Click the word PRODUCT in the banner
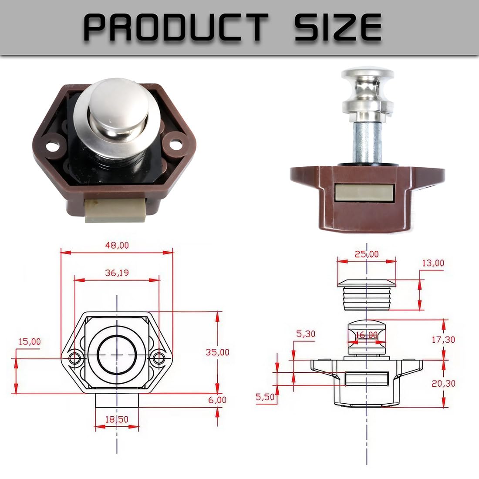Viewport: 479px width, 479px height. pos(175,27)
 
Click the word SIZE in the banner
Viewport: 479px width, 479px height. pos(338,27)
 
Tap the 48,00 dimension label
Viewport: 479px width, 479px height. pos(117,245)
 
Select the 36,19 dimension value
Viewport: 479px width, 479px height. pos(117,273)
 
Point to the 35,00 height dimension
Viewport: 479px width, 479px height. pos(217,352)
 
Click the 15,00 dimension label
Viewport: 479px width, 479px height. pos(30,341)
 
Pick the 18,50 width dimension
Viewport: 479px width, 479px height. pos(117,419)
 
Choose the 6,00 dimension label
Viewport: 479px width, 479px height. pos(217,400)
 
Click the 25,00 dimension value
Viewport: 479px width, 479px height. pos(367,254)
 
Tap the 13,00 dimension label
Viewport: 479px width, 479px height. pos(433,263)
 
